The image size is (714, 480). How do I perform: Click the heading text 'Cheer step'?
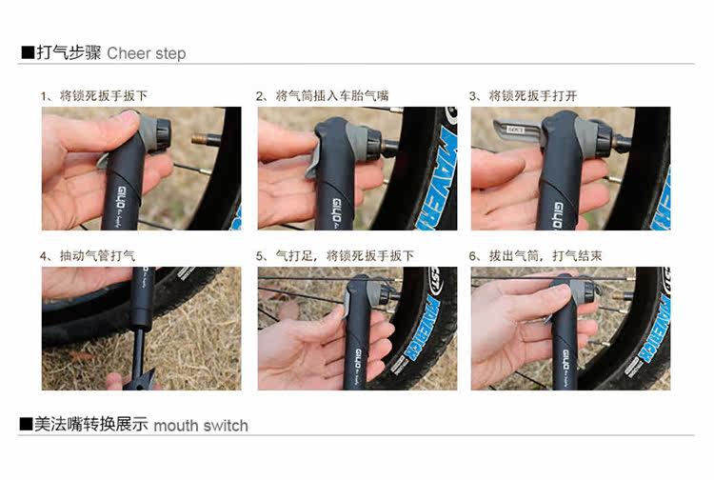tap(146, 53)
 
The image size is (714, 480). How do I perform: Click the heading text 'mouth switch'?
tap(200, 425)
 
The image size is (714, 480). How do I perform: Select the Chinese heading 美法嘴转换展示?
tap(91, 425)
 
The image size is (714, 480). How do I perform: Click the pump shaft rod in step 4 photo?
tap(140, 338)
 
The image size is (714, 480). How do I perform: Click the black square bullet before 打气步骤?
tap(27, 53)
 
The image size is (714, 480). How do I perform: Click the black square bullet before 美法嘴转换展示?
tap(27, 425)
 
